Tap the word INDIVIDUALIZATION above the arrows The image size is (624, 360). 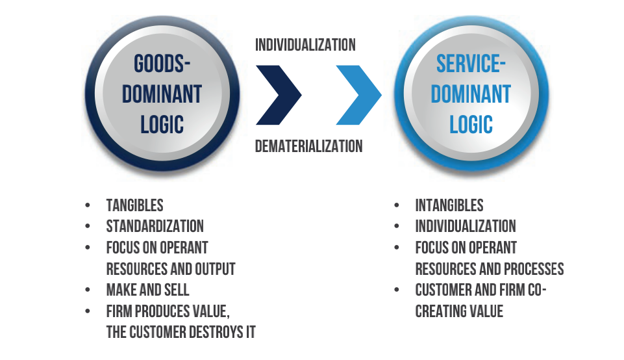(305, 45)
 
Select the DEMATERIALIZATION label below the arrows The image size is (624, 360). (308, 146)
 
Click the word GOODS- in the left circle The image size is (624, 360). (162, 64)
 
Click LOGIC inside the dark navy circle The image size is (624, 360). (162, 123)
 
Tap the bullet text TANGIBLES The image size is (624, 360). (134, 205)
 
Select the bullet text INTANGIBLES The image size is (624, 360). (449, 205)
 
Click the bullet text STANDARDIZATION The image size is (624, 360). (155, 226)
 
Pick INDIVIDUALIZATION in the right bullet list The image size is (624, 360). (466, 226)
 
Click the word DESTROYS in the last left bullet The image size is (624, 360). (212, 332)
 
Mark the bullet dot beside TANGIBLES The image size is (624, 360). (88, 206)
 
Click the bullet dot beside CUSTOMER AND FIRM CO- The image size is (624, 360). (397, 290)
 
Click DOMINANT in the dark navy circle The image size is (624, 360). (162, 94)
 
